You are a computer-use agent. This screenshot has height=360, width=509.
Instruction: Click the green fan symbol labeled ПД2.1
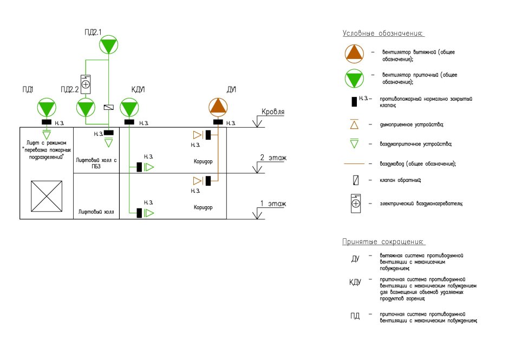108,44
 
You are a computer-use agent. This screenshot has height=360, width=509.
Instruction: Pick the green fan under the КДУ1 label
129,108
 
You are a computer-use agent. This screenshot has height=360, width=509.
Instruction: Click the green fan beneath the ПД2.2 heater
86,108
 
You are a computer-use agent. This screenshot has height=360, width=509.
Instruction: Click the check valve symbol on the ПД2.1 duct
108,107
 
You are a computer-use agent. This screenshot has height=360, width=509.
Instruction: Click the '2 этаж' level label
273,158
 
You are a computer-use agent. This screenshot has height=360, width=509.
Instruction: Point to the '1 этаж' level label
273,204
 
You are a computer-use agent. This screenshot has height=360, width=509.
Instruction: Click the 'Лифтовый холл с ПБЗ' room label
97,163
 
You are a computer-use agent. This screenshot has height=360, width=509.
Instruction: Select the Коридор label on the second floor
204,161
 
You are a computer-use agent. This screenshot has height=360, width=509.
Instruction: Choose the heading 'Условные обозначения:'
382,34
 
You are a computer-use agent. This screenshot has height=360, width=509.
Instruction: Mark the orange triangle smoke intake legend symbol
355,125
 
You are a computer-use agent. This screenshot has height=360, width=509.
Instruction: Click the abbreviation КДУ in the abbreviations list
355,283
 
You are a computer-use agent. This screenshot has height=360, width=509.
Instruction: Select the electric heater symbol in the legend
356,203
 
